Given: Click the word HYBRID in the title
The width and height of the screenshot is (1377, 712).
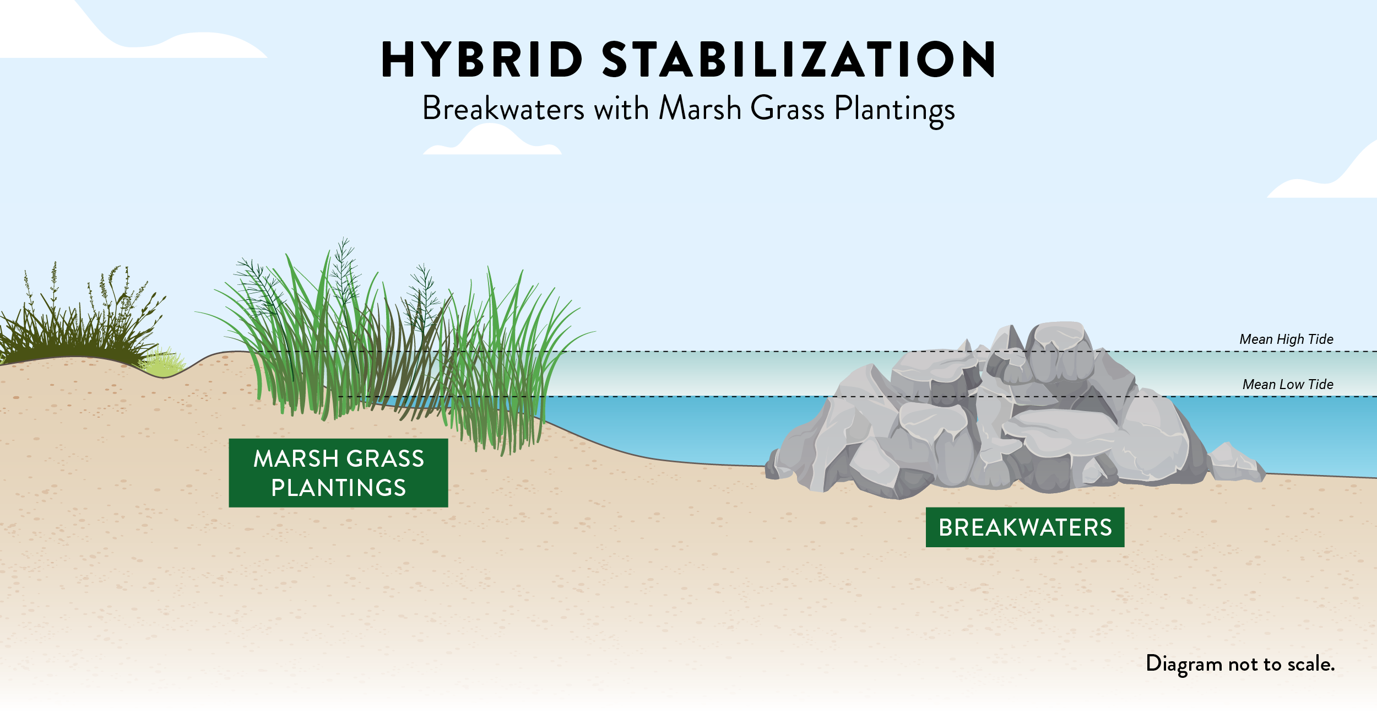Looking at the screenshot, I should pyautogui.click(x=482, y=60).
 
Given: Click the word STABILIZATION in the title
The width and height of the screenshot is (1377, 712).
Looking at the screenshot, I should pyautogui.click(x=798, y=60).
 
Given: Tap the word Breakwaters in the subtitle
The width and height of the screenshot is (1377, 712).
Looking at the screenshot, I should pyautogui.click(x=503, y=109).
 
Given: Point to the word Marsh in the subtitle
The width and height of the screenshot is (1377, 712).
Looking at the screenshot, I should pyautogui.click(x=700, y=109).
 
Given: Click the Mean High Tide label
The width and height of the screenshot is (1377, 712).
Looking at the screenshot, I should pyautogui.click(x=1286, y=339).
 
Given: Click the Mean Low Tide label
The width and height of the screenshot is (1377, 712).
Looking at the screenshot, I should pyautogui.click(x=1288, y=385).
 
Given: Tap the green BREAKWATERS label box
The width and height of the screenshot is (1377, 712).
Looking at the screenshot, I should pyautogui.click(x=1024, y=527).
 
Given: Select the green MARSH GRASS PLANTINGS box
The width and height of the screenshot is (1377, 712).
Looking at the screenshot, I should pyautogui.click(x=338, y=473).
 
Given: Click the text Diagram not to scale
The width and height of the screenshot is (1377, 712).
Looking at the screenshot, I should pyautogui.click(x=1240, y=664).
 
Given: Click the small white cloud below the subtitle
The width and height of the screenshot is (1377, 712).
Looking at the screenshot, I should pyautogui.click(x=492, y=141).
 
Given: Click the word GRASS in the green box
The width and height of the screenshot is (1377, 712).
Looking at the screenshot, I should pyautogui.click(x=385, y=459).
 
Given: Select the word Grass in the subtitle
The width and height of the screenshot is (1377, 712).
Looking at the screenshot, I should pyautogui.click(x=788, y=109).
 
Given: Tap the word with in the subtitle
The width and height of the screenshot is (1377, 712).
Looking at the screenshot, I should pyautogui.click(x=621, y=109).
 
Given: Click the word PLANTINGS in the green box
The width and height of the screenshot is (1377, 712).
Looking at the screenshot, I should pyautogui.click(x=338, y=488).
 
